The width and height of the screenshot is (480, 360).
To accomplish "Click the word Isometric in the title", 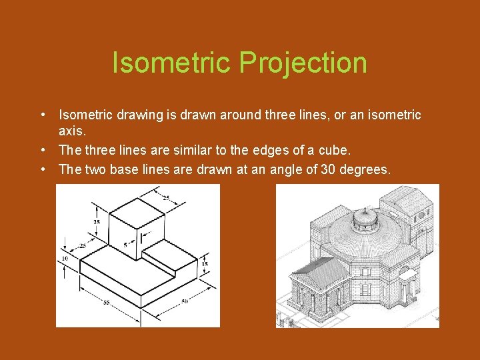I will point(171,63).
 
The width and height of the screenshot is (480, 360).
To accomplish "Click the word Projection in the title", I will point(303,63).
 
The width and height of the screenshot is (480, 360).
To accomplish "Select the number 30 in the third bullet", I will point(329,169).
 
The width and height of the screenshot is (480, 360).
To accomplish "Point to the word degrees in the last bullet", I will point(365,169).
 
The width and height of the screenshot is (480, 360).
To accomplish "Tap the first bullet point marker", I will point(43,115).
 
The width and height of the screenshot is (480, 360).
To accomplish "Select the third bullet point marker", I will point(43,169).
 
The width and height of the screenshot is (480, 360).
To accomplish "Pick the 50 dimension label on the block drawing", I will point(185,302).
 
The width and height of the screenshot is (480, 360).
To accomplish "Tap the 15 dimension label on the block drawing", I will point(204,264).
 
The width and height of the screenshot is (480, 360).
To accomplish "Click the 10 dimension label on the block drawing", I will point(64,258).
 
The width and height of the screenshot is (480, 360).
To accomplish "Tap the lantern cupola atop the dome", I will point(365,217).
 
